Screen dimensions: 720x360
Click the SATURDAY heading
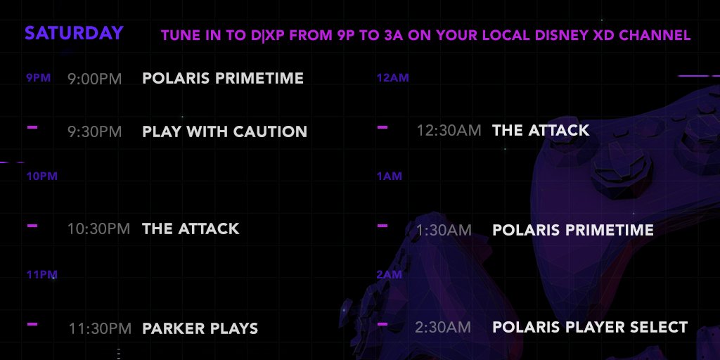click(74, 33)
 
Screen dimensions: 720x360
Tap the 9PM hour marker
click(39, 78)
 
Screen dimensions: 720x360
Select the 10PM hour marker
click(41, 176)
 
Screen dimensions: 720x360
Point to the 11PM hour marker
click(41, 275)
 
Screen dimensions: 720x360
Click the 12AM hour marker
click(392, 78)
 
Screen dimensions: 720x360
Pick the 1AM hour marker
click(390, 176)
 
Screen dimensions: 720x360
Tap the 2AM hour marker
click(390, 275)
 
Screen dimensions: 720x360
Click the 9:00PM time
click(95, 79)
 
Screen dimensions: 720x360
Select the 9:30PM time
click(95, 131)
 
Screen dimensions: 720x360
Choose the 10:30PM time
click(98, 229)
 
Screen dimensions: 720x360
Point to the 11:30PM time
click(100, 328)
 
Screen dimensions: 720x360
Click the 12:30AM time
click(449, 130)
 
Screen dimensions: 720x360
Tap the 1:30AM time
click(444, 230)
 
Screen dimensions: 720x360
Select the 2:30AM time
click(443, 328)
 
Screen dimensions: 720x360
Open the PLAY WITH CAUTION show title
click(224, 131)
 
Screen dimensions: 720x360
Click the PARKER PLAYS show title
click(200, 328)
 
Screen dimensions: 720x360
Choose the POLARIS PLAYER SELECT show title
click(590, 328)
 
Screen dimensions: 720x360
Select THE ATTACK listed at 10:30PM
click(191, 229)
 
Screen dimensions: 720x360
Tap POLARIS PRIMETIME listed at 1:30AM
click(573, 230)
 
